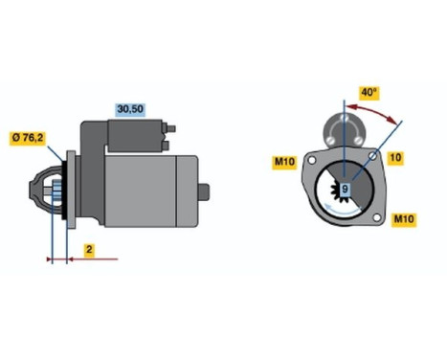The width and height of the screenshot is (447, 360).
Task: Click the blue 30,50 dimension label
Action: [129, 108]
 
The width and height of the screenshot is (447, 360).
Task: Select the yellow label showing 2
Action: [88, 250]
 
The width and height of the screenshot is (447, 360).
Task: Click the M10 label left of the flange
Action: [283, 161]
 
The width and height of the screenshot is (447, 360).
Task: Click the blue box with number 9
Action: [345, 190]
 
